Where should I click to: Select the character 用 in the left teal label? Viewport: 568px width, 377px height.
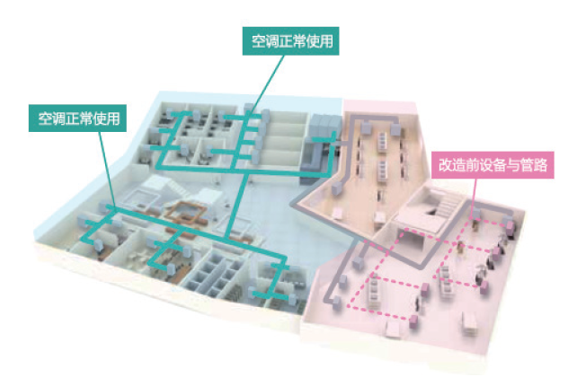pyautogui.click(x=115, y=117)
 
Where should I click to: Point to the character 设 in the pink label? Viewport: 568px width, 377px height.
pyautogui.click(x=490, y=165)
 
